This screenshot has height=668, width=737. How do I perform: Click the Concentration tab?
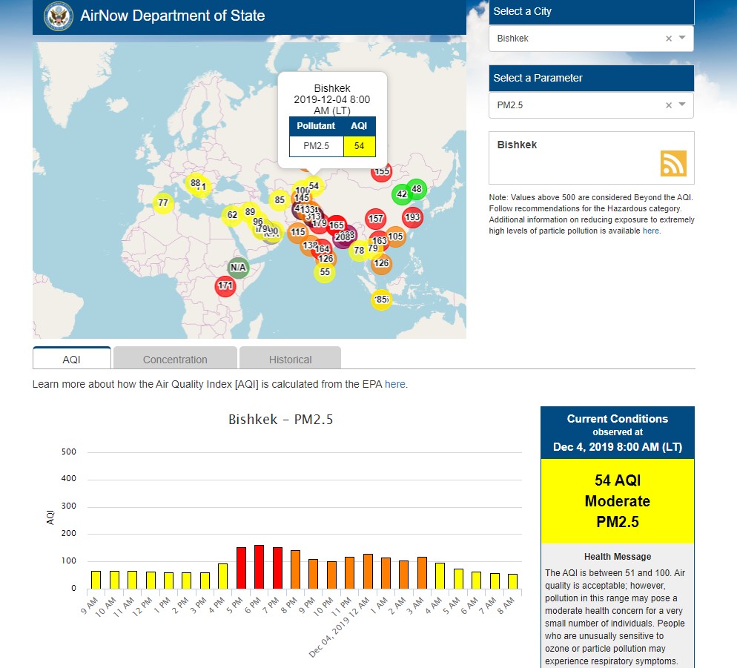click(x=175, y=360)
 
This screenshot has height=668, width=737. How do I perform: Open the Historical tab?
click(x=290, y=360)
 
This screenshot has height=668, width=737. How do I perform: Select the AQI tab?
click(x=72, y=360)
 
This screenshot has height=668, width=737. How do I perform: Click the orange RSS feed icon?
click(x=673, y=164)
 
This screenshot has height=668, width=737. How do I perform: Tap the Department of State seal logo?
click(x=59, y=16)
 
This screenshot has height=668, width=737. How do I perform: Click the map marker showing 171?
click(x=225, y=285)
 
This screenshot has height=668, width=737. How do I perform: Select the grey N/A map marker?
click(x=238, y=267)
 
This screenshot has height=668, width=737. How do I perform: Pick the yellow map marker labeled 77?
click(x=163, y=202)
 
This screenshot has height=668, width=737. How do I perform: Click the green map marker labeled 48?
click(x=416, y=189)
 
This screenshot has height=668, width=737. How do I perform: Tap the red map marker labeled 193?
click(x=412, y=217)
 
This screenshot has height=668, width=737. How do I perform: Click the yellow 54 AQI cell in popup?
click(x=360, y=146)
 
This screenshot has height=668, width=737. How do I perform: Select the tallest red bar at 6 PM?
click(x=260, y=567)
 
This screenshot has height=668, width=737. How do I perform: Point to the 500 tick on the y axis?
click(x=69, y=452)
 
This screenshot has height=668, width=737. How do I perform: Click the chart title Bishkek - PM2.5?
click(x=281, y=420)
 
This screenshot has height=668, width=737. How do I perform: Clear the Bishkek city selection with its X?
click(x=668, y=39)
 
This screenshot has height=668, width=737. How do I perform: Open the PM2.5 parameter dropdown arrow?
click(x=682, y=105)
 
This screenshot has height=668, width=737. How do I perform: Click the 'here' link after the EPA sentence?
click(x=395, y=384)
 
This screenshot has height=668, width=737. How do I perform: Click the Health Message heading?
click(x=618, y=556)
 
